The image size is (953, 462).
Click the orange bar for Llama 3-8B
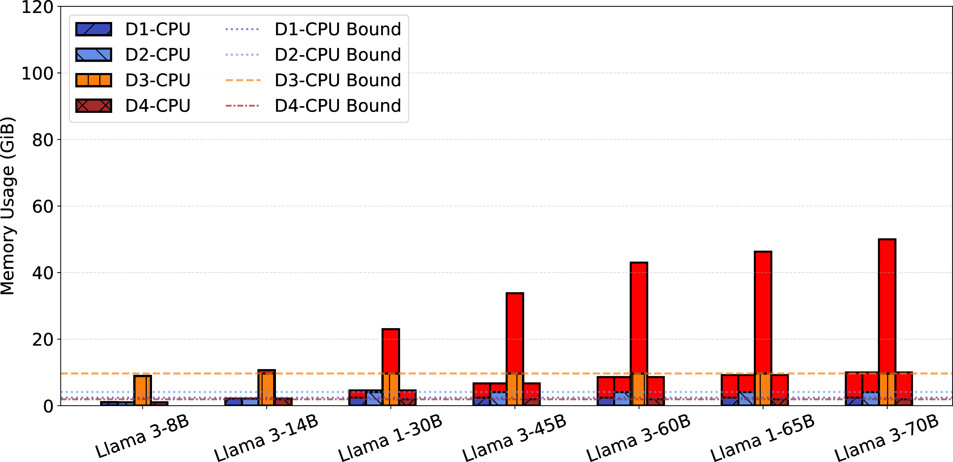(x=142, y=391)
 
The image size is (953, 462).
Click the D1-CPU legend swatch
(x=94, y=29)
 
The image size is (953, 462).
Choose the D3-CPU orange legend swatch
(x=94, y=80)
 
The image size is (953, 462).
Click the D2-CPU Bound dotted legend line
(x=242, y=55)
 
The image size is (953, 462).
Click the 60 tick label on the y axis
(x=43, y=207)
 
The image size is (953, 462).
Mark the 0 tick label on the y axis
(x=48, y=406)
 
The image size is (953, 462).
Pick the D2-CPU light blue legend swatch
(x=94, y=55)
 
